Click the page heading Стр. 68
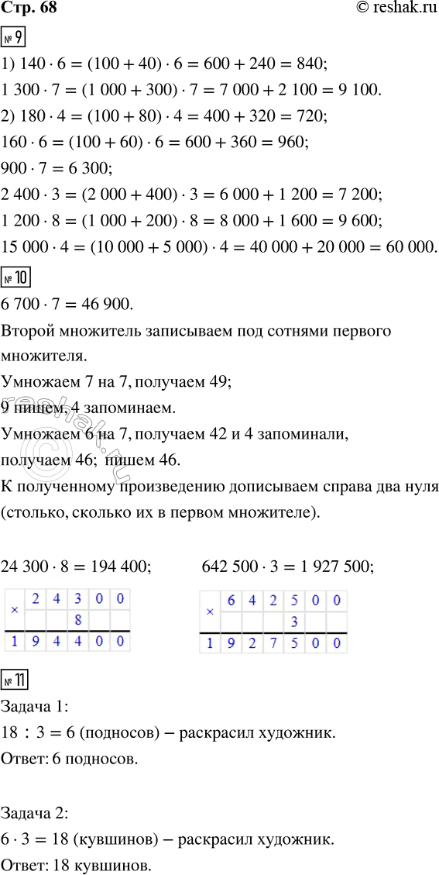click(x=29, y=10)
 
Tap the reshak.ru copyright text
click(x=388, y=10)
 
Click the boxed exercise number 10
click(x=18, y=274)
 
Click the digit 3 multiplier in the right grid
click(x=293, y=622)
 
